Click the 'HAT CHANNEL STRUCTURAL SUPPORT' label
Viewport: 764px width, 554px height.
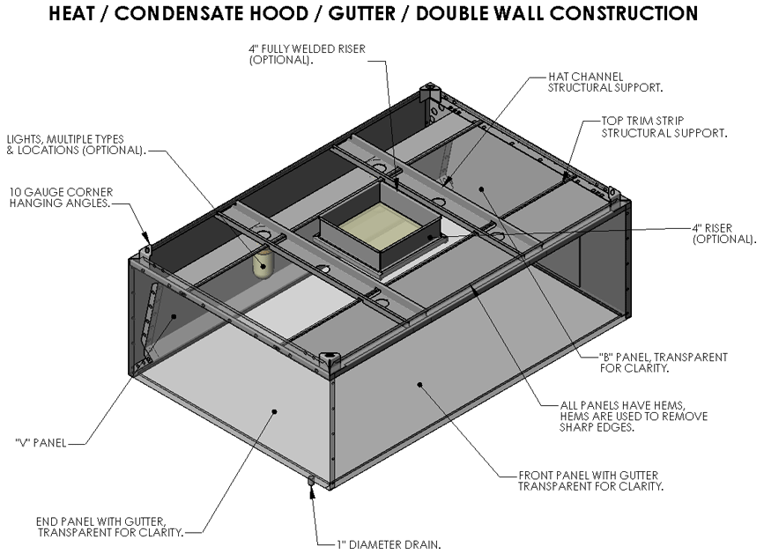tap(605, 82)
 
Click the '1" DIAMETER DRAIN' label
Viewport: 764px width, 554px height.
tap(388, 543)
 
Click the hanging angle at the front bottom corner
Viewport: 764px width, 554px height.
tap(332, 360)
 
